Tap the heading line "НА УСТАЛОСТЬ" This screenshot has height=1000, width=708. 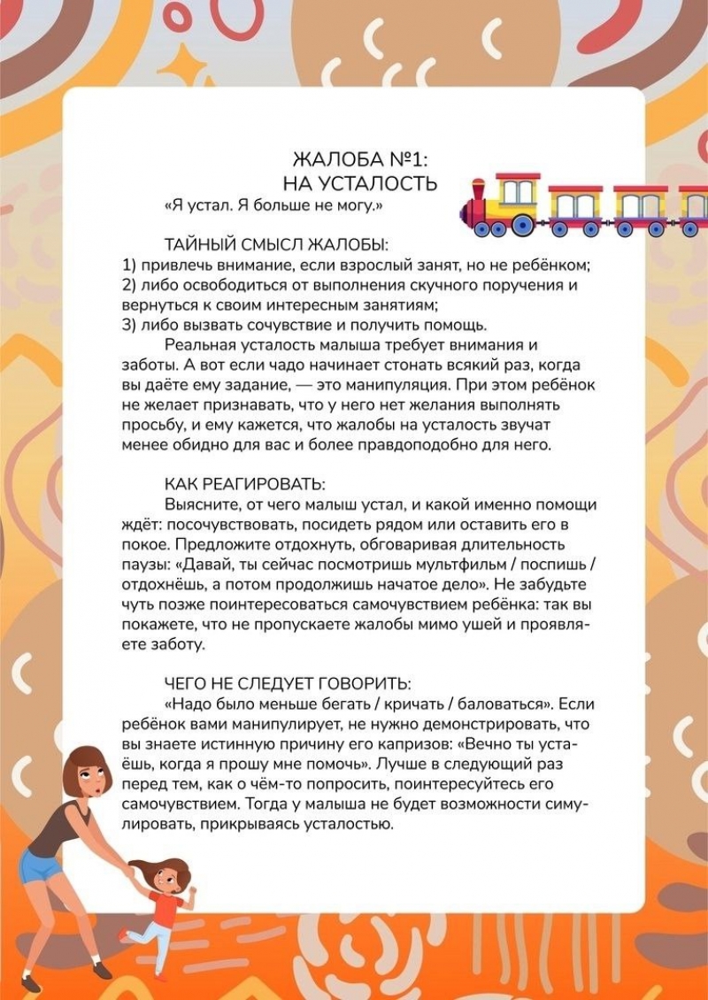pos(359,183)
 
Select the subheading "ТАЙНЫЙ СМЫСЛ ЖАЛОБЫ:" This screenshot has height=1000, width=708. pos(277,244)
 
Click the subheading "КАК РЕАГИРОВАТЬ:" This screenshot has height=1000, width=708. pos(245,485)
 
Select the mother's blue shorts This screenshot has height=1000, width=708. pos(39,864)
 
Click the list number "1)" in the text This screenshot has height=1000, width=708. pos(127,265)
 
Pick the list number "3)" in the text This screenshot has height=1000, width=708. pos(127,323)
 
